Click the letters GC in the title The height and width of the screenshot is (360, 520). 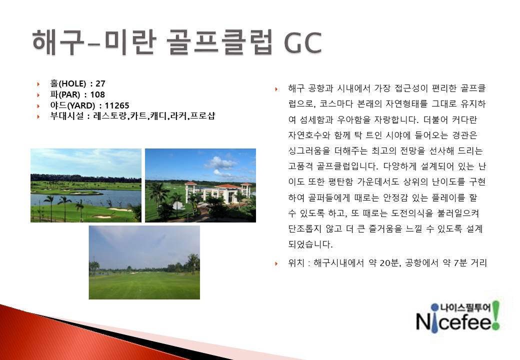pos(303,42)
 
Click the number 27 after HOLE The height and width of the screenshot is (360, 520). pos(100,83)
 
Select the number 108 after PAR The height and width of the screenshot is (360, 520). pos(97,94)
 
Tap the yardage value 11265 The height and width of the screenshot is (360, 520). pos(116,105)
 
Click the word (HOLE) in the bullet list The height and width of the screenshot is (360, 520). pos(72,83)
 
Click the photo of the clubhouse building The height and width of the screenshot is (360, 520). pos(200,185)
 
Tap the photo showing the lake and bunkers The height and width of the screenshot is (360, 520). pos(86,185)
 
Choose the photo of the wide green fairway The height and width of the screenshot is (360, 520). pos(144,262)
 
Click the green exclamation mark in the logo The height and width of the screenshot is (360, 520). pos(495,315)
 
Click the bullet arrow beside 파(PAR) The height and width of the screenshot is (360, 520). pos(38,95)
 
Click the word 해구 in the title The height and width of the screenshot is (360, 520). pos(58,42)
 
